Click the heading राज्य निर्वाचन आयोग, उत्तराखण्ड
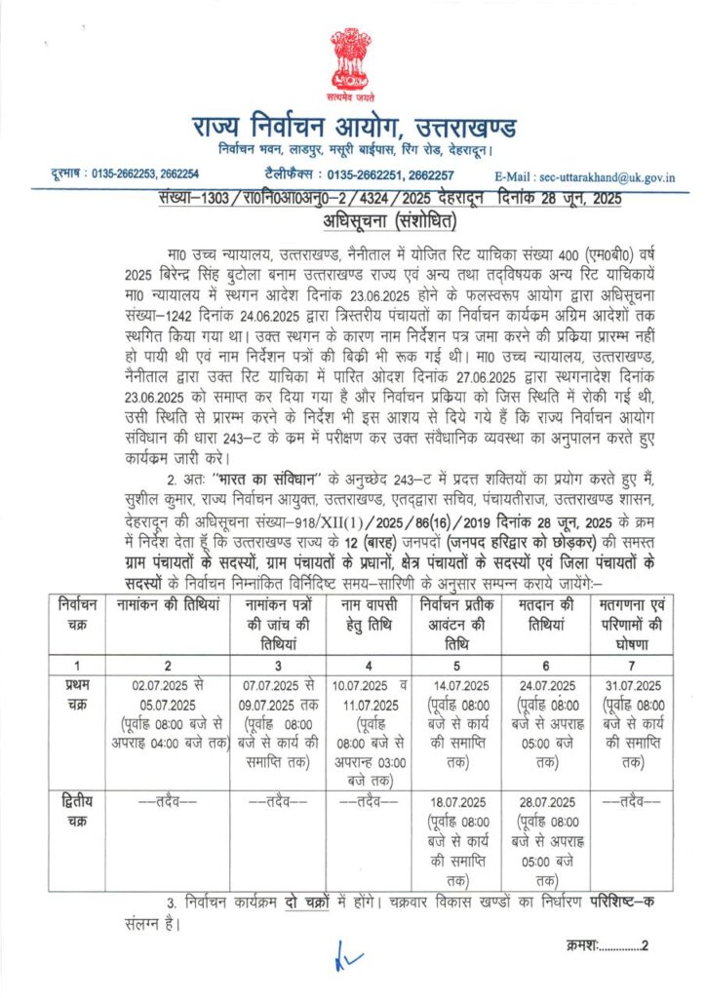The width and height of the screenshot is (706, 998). pos(353,127)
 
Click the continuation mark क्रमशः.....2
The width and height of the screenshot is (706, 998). pos(606,944)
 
